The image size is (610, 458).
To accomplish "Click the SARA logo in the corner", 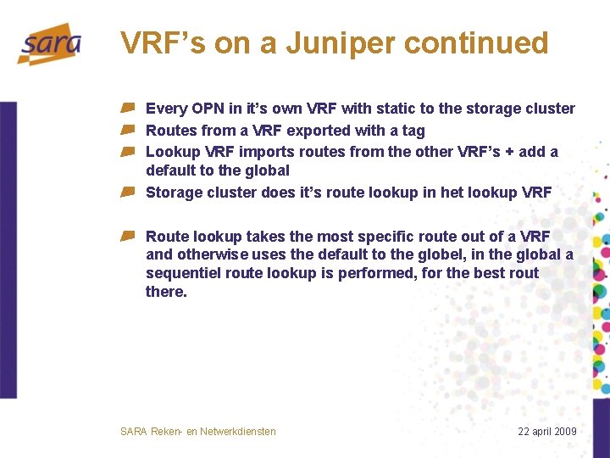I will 49,43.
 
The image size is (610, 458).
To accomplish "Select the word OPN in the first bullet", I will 208,109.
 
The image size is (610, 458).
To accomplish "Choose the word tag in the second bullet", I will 413,131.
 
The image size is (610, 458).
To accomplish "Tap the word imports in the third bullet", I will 266,152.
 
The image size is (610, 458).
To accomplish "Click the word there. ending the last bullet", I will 166,292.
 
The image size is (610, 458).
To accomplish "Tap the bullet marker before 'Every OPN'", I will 127,109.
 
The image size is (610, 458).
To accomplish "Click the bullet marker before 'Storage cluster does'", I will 127,193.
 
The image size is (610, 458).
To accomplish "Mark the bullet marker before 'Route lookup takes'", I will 127,237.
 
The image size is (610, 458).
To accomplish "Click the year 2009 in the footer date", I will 563,432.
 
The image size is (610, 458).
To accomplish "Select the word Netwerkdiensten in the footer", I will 238,432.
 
